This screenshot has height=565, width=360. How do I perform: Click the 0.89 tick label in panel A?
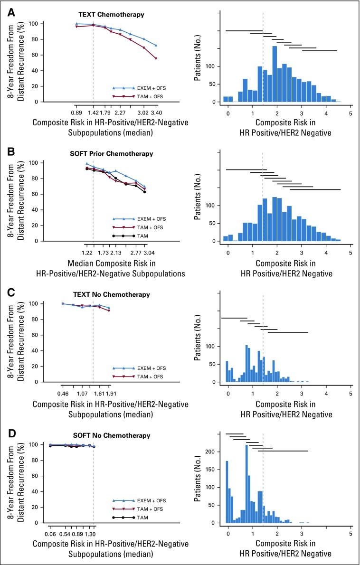[76, 113]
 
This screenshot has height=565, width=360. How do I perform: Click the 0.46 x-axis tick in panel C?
[63, 394]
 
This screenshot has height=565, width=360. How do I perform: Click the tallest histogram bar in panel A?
[275, 74]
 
